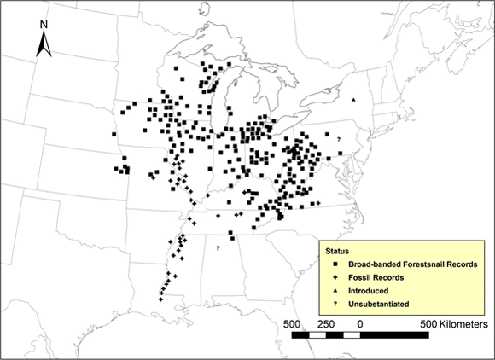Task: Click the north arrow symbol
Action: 44,44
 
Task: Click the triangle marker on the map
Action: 353,99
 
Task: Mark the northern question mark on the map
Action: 339,139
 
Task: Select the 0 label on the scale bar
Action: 360,324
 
